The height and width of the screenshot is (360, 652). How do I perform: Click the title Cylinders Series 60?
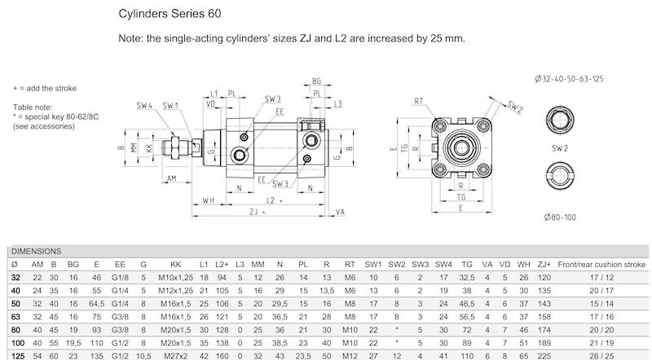[169, 14]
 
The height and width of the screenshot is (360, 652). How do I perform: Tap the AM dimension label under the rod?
[172, 178]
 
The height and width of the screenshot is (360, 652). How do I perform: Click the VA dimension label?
[341, 210]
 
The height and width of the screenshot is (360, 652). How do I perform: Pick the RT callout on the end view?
[420, 101]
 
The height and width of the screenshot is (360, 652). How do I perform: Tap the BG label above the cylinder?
[316, 82]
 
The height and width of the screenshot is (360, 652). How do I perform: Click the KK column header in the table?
[175, 265]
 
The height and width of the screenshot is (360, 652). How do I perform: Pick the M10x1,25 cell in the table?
[175, 277]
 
